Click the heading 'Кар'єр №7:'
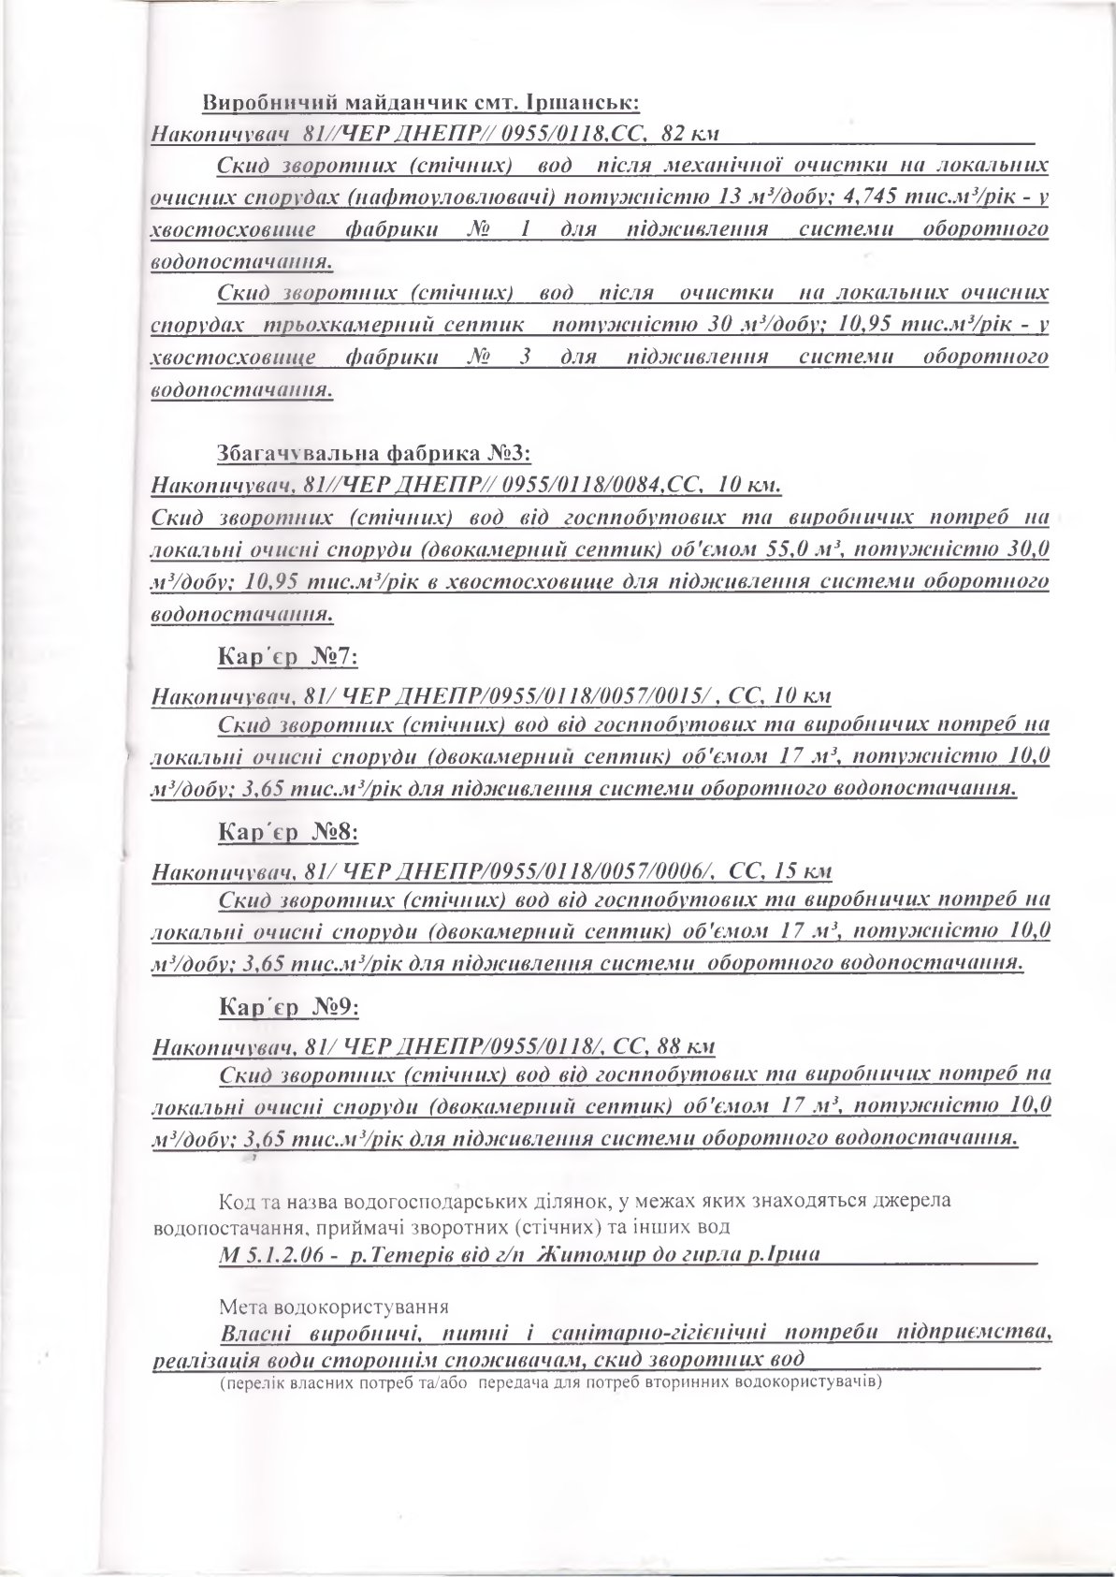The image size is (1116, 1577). (287, 656)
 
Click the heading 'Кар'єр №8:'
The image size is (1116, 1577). (287, 831)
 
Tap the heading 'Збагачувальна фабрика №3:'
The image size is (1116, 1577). (373, 455)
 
